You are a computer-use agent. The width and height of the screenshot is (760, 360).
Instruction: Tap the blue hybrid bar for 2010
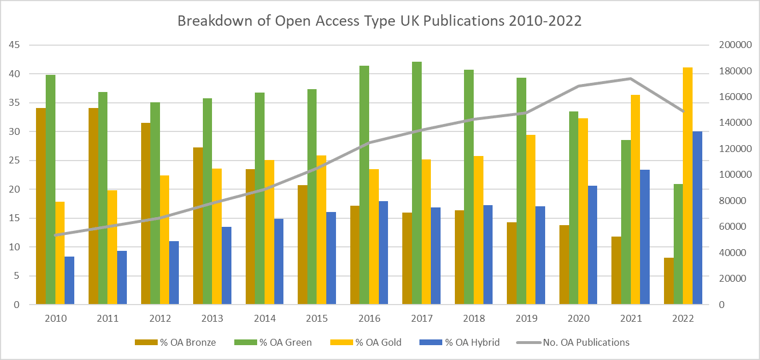[69, 281]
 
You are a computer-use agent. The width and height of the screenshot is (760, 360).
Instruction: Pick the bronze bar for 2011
[93, 206]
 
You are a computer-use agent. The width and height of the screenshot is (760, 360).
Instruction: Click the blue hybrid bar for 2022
[697, 218]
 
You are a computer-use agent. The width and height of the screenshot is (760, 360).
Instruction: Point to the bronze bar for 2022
[669, 281]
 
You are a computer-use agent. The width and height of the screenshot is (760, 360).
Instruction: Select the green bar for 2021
[626, 222]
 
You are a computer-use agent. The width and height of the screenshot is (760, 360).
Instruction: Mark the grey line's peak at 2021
[630, 78]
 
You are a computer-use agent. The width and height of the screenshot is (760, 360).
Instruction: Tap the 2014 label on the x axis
[265, 318]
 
